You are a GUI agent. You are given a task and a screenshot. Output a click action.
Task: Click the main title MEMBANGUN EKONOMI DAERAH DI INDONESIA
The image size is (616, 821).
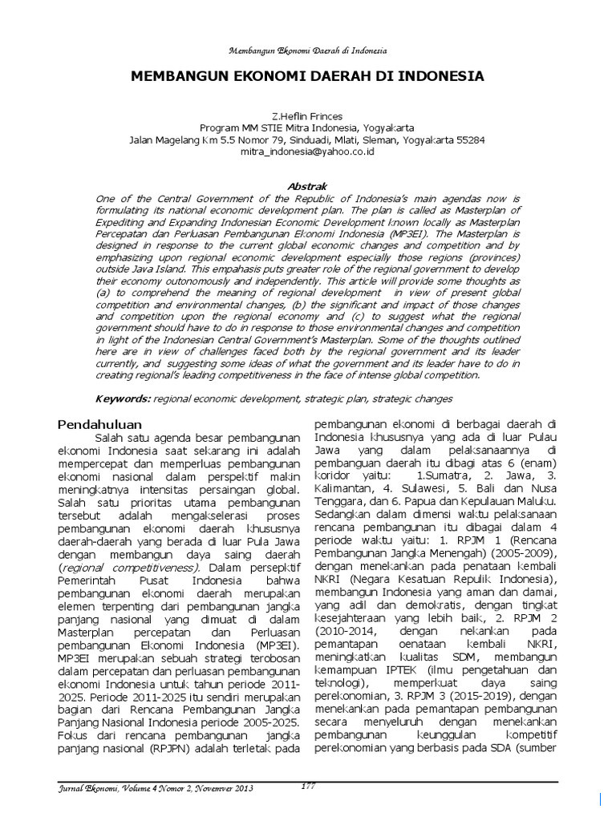(308, 77)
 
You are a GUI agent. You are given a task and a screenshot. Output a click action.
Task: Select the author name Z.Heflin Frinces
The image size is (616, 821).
(308, 116)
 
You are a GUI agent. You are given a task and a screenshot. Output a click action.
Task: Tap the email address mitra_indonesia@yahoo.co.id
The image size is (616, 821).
(308, 150)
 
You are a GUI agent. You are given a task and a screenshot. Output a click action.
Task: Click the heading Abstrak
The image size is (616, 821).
(308, 185)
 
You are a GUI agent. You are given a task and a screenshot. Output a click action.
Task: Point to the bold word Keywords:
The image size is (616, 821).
(123, 398)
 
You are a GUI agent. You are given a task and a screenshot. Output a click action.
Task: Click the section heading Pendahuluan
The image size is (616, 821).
(100, 423)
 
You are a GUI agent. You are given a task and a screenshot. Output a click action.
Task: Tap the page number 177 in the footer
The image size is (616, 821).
(308, 786)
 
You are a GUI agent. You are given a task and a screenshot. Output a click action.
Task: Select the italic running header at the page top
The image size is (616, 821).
(308, 51)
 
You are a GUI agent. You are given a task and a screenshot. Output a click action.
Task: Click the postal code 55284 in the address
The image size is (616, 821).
(470, 139)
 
